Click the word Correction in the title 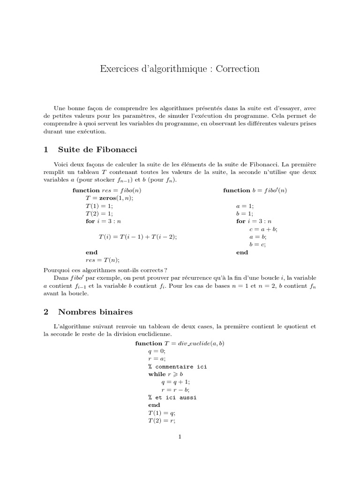pos(239,69)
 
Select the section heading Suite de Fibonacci pos(97,150)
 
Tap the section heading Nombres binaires pos(95,312)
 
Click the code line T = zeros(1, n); pos(109,198)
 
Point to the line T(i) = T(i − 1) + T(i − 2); pos(138,237)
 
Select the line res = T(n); pos(102,260)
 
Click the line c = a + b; pos(263,229)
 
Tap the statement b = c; pos(257,244)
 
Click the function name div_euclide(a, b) pos(204,344)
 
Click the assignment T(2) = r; pos(161,420)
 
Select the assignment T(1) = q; pos(161,412)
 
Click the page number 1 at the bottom pos(180,437)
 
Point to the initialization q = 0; pos(157,351)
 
